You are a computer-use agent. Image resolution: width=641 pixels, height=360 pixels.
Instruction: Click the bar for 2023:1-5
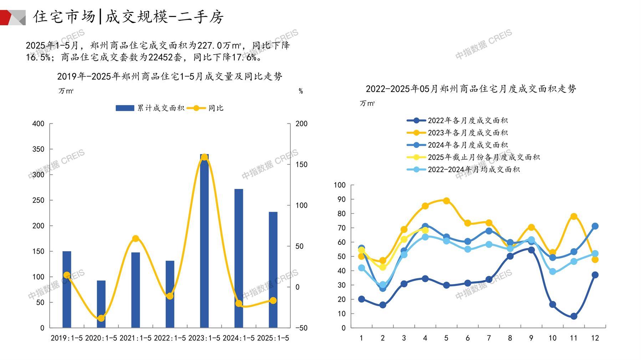[204, 242]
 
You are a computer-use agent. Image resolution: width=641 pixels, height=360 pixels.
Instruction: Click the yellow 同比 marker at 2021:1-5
[136, 238]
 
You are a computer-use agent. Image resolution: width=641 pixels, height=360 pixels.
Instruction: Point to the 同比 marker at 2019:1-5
[67, 275]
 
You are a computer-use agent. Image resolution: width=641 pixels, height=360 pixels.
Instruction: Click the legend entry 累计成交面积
[150, 108]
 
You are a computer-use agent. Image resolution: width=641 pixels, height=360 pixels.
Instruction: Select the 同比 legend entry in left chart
[205, 108]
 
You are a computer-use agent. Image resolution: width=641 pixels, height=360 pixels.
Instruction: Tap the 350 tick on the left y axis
[38, 149]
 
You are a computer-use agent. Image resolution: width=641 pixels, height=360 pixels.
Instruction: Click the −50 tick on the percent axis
[301, 328]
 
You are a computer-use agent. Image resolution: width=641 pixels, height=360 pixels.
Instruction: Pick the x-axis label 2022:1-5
[170, 338]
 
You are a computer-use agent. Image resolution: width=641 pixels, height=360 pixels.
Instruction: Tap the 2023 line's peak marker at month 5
[446, 201]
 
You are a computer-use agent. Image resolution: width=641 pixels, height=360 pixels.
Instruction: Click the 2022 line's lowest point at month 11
[574, 316]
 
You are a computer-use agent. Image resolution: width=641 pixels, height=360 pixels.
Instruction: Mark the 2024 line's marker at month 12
[595, 226]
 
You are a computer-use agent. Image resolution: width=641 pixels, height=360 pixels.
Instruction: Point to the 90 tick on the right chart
[340, 199]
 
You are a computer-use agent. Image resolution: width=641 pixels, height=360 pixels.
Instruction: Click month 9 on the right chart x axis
[531, 338]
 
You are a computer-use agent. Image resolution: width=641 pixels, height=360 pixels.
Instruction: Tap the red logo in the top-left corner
[13, 17]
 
